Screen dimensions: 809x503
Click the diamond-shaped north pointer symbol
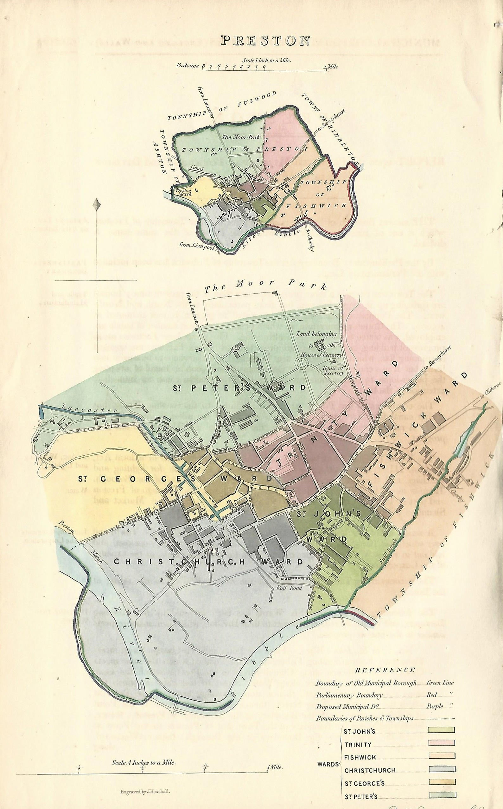coord(97,205)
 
